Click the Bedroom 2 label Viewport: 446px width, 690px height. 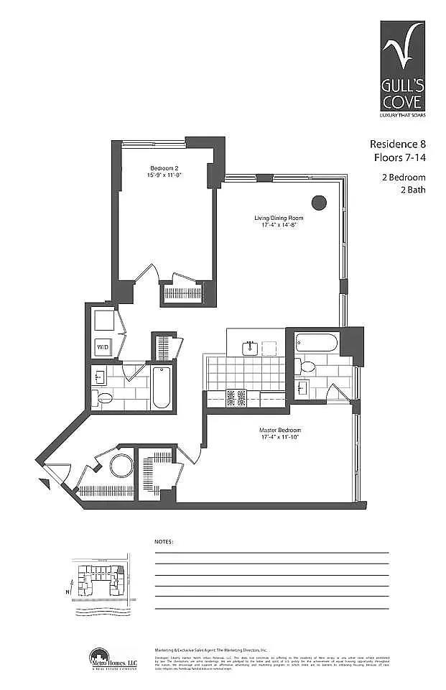tap(159, 172)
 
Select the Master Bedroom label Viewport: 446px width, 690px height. tap(278, 434)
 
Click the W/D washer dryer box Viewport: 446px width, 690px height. tap(103, 349)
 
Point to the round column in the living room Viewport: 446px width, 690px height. tap(318, 203)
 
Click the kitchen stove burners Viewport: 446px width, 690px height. tap(236, 397)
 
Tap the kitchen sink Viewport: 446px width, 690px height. tap(251, 348)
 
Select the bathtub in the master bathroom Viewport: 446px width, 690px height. tap(315, 343)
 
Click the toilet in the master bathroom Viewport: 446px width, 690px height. tap(307, 367)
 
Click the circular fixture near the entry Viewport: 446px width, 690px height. tap(121, 466)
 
